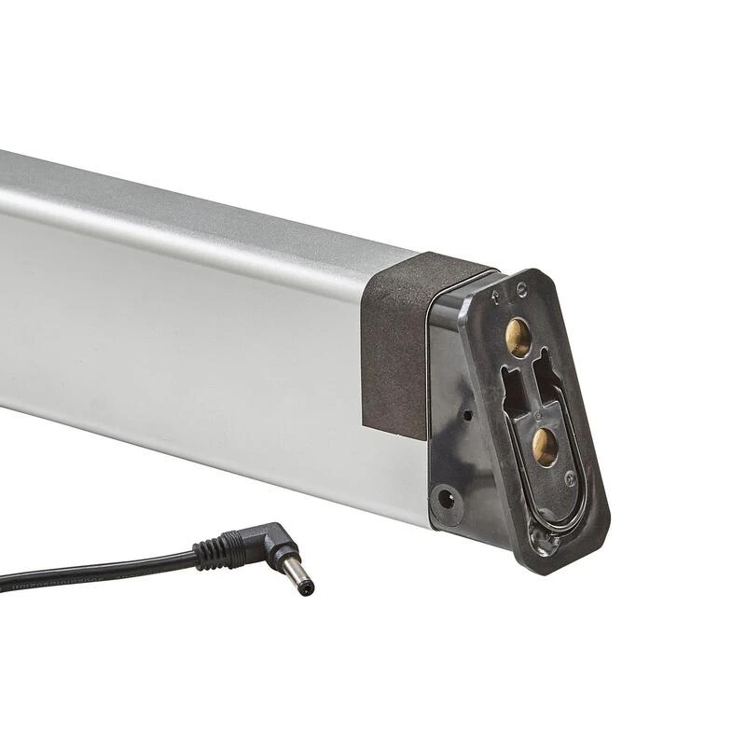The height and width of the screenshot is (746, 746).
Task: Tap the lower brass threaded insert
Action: [x=546, y=447]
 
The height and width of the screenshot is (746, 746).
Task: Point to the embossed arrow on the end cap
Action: [x=495, y=297]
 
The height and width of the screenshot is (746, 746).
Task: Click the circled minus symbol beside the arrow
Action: [x=520, y=290]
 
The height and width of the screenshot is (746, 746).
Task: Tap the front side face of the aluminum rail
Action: [x=186, y=336]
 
